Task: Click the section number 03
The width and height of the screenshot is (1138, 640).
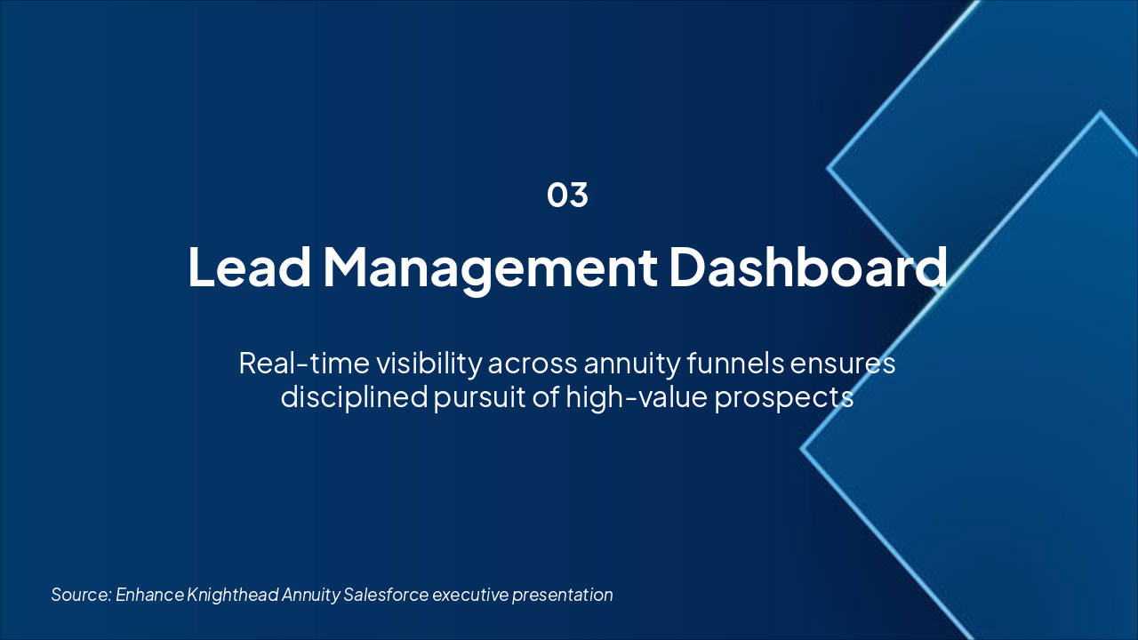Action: [x=567, y=195]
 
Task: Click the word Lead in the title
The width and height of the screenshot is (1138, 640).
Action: [x=250, y=267]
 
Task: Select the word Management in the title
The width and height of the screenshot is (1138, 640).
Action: [x=490, y=269]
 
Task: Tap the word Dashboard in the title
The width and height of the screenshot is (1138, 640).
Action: [x=808, y=267]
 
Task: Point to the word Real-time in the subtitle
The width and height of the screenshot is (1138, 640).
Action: [x=304, y=364]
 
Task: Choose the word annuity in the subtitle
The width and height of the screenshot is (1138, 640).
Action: [x=631, y=365]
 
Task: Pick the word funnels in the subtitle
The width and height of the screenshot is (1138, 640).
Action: [x=735, y=363]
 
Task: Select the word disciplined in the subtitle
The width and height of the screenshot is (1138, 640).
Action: [x=354, y=397]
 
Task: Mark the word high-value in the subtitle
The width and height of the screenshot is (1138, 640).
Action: [x=637, y=397]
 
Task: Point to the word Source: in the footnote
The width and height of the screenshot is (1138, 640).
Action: [x=81, y=595]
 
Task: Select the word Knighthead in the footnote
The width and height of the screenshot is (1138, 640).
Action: [x=233, y=595]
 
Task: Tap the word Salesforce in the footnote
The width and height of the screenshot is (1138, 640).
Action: [x=386, y=595]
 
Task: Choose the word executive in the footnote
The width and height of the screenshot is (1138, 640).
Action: [x=470, y=595]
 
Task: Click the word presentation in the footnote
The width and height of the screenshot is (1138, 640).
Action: [x=563, y=596]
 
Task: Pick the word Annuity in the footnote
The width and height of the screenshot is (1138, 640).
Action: [x=311, y=596]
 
